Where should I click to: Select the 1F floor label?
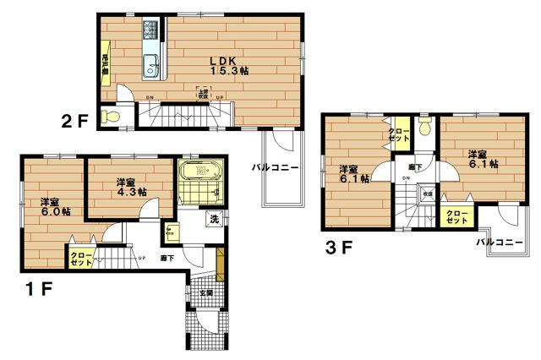click(39, 289)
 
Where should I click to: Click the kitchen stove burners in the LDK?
click(150, 30)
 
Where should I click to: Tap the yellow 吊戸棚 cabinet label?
click(106, 65)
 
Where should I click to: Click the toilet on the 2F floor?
click(107, 116)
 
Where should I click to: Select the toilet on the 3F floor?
click(424, 128)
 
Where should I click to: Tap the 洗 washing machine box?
click(214, 220)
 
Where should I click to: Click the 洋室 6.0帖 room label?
click(54, 206)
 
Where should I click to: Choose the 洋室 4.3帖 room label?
click(130, 187)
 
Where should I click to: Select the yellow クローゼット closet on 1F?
click(82, 259)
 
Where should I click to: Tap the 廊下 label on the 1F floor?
click(167, 259)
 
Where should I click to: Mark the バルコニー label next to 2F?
click(274, 168)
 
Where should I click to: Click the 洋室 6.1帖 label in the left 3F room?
click(353, 173)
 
